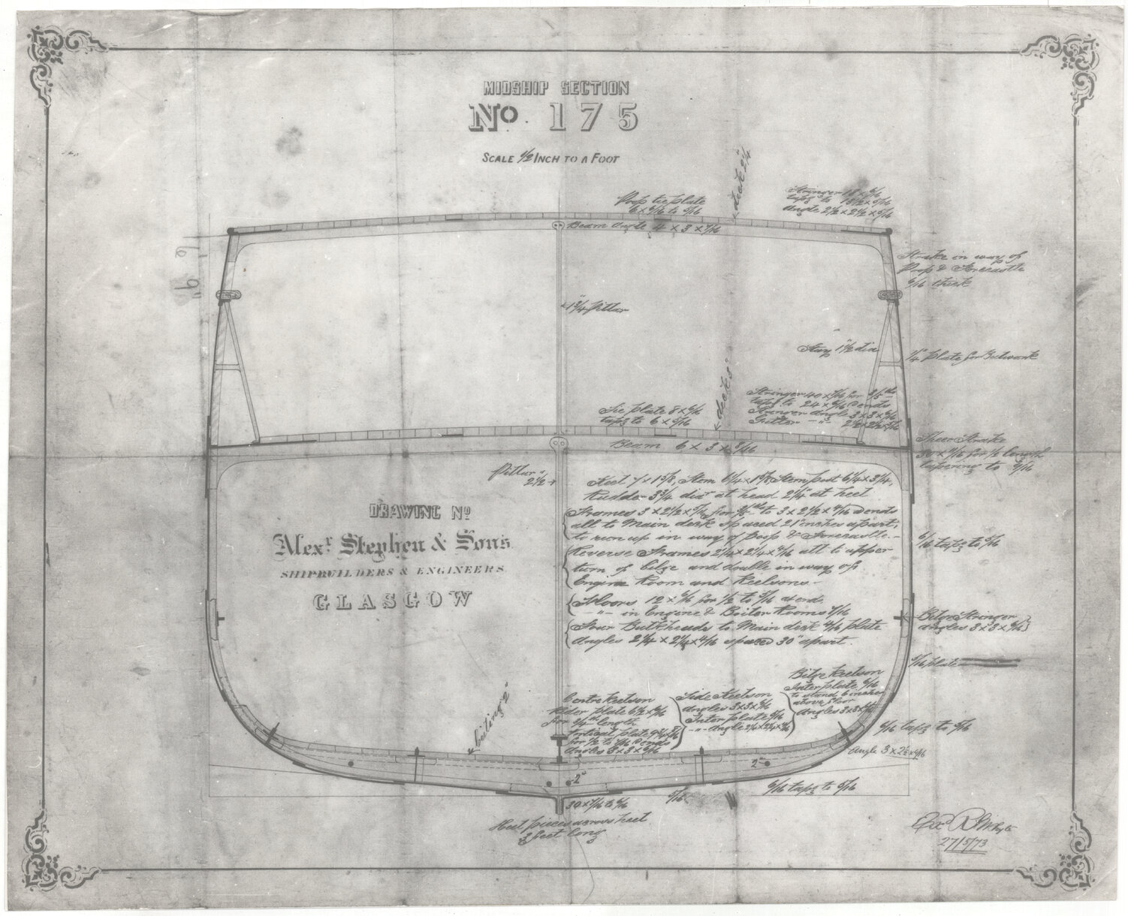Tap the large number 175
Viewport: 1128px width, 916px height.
pos(554,119)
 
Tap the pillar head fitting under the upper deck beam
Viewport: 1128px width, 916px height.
pos(556,226)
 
